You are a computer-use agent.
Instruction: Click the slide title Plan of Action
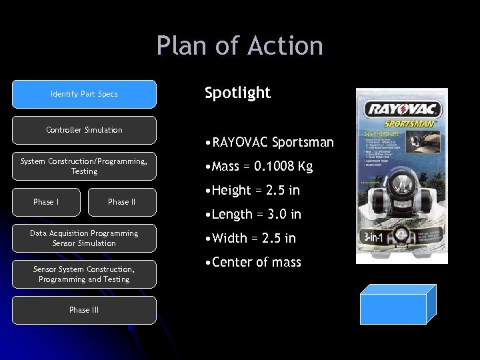tap(240, 46)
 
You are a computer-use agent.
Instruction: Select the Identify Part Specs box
tap(84, 94)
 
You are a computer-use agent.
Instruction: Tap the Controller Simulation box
tap(84, 130)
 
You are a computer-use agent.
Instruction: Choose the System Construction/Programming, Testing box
tap(84, 166)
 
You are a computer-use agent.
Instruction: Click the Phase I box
tap(46, 202)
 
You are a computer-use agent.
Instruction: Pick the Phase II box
tap(122, 202)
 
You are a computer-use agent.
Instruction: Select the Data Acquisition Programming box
tap(84, 238)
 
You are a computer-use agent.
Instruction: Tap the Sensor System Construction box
tap(84, 274)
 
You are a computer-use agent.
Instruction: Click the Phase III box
tap(84, 310)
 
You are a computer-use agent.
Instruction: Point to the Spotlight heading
tap(237, 93)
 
